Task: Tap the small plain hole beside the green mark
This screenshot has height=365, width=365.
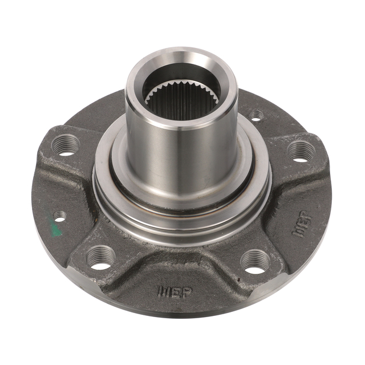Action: (x=59, y=216)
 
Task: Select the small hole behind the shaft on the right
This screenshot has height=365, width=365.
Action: (x=257, y=115)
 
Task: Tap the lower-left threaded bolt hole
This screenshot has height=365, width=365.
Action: (x=99, y=258)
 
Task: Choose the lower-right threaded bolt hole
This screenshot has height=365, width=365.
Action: (x=254, y=262)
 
